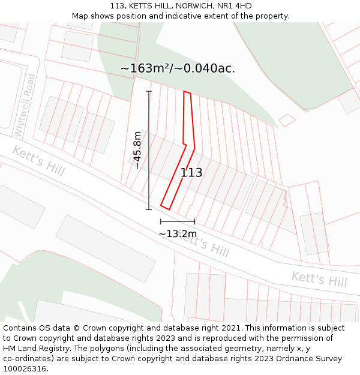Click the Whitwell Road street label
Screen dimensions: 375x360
[26, 105]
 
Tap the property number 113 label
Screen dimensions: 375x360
[191, 173]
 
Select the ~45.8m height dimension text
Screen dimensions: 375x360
[137, 150]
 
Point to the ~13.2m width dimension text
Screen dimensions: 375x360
[178, 233]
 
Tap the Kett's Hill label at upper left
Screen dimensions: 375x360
[38, 161]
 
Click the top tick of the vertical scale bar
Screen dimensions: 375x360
[149, 91]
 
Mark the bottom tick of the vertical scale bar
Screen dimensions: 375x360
[149, 209]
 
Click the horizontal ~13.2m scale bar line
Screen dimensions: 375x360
[178, 222]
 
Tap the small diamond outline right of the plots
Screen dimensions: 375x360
[287, 120]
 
